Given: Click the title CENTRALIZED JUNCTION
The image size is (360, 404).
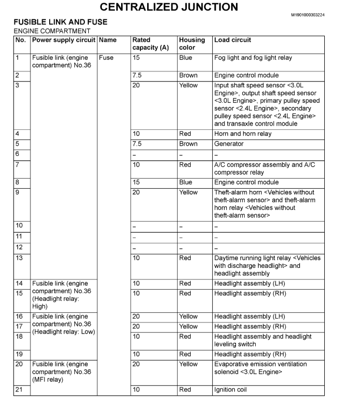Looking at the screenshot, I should coord(168,7).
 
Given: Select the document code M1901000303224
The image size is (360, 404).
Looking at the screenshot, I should coord(307,15).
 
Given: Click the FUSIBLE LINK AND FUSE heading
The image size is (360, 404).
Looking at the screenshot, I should coord(60,22).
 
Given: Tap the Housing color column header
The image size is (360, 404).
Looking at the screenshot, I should coord(192,43).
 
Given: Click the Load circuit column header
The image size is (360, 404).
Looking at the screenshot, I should coord(233,40).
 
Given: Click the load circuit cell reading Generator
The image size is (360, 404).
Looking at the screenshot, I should coord(229,144).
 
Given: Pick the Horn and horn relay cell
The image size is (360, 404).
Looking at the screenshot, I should coord(243,134).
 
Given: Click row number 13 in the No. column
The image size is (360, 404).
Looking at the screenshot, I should coord(20,258).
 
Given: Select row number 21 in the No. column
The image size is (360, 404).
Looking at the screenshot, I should coord(20,390).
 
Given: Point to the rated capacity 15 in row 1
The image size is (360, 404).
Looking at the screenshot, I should coord(138,58).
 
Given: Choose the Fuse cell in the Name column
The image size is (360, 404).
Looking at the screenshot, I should coord(106,58).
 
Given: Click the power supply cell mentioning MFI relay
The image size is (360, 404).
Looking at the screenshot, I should coord(61,372).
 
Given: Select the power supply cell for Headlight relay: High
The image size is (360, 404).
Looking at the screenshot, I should coord(61,295).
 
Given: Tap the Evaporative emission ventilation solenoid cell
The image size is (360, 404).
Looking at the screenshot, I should coord(267,368).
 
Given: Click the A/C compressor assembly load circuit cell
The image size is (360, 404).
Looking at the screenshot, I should coord(266,168).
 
